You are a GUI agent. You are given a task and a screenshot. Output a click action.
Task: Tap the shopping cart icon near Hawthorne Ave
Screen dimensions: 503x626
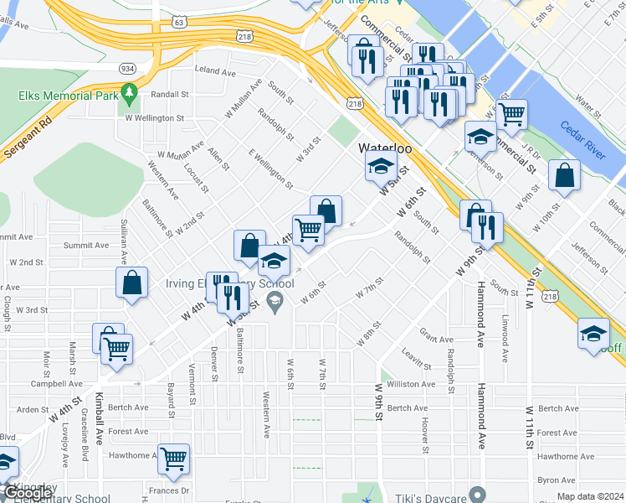[x=173, y=459]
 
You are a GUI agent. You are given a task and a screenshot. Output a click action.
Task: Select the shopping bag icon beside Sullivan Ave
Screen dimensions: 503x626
[x=132, y=283]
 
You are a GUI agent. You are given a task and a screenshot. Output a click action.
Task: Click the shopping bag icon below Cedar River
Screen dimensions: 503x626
[x=565, y=175]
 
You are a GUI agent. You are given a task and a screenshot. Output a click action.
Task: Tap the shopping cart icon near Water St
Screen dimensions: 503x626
[x=511, y=114]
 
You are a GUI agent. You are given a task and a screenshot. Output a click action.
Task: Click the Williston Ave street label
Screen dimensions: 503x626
[x=412, y=384]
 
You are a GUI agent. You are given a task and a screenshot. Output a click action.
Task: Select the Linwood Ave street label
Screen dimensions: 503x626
[x=505, y=345]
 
